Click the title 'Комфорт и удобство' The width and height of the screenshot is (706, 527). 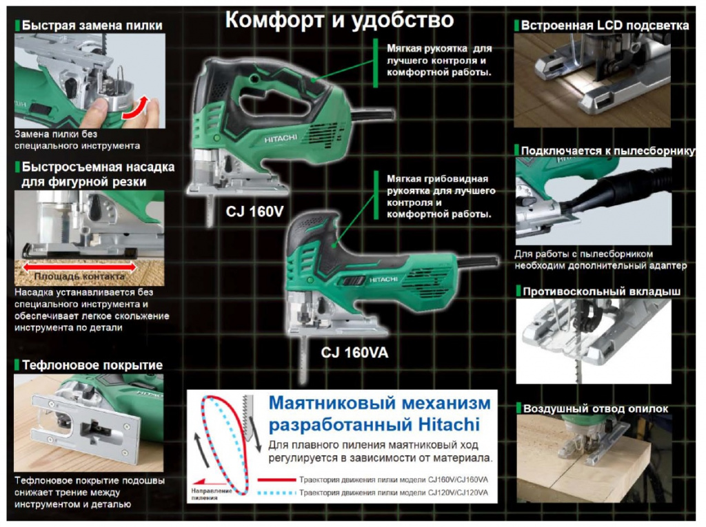click(339, 20)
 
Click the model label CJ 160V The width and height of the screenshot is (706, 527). click(254, 211)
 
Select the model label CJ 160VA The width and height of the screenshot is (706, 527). click(354, 353)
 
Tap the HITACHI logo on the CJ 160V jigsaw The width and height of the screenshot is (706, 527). click(281, 138)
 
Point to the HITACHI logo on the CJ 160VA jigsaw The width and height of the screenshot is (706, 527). click(383, 280)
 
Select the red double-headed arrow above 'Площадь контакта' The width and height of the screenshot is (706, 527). click(79, 267)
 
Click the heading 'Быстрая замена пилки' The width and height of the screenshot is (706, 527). click(92, 25)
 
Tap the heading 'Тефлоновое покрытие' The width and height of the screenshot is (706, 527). click(92, 365)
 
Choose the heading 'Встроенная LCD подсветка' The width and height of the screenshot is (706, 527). click(605, 25)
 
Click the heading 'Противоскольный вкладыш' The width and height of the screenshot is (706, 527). click(601, 291)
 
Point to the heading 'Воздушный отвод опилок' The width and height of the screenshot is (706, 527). click(595, 409)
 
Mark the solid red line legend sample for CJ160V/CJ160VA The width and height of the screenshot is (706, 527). click(276, 479)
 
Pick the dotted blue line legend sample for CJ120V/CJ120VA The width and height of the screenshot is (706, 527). click(276, 493)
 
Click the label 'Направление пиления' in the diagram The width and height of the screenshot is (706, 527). click(211, 494)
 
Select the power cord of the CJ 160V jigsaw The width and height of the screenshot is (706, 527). click(372, 115)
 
